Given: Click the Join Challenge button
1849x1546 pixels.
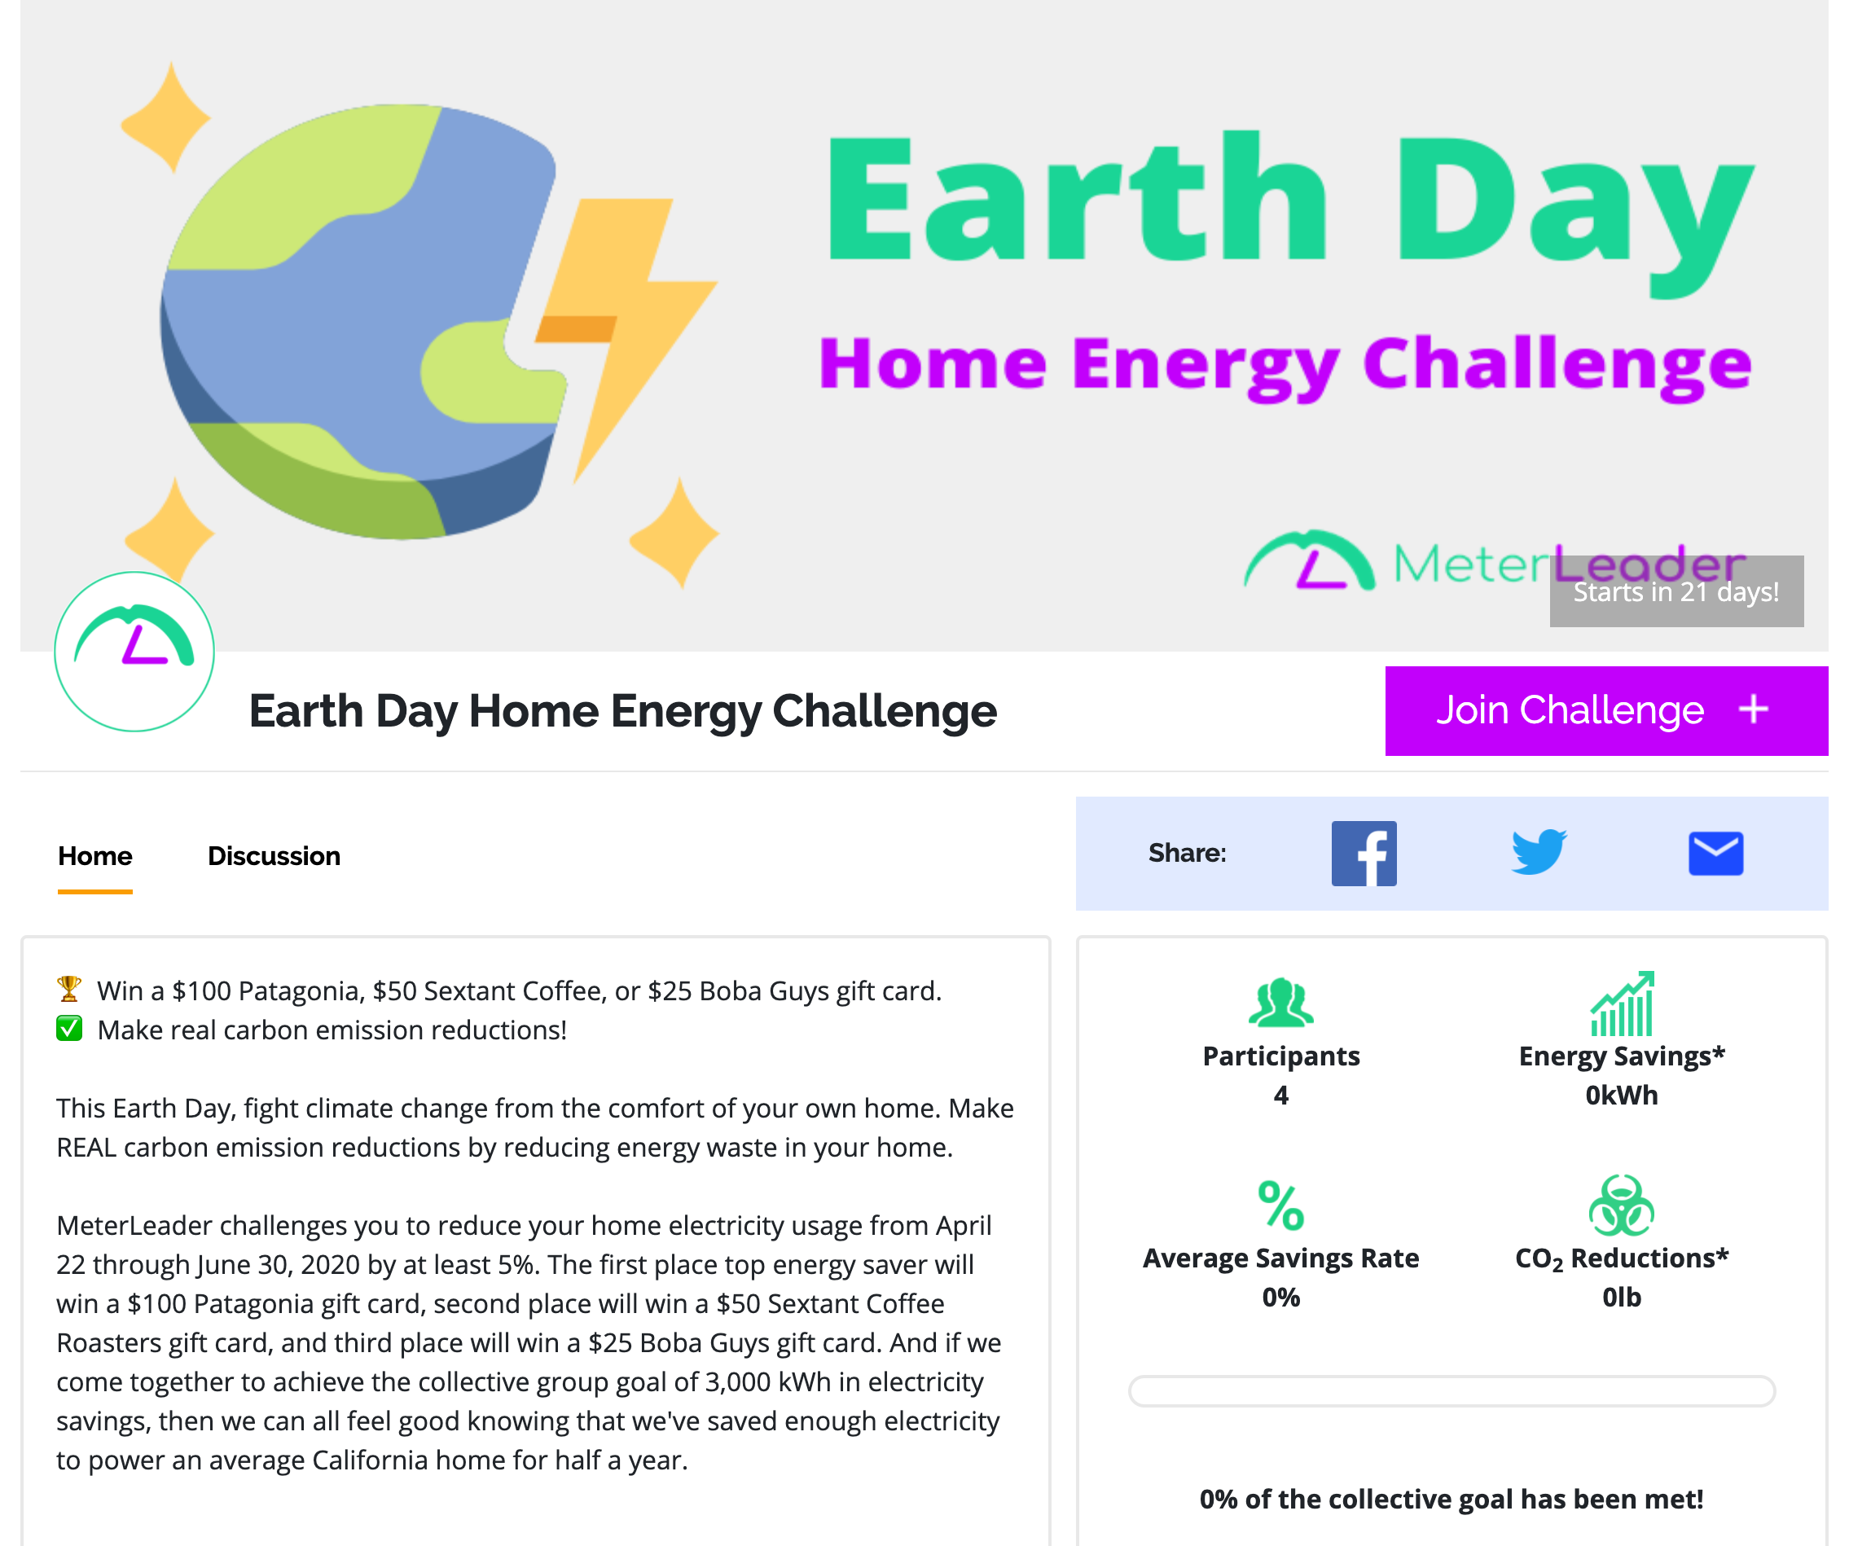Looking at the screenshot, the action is coord(1606,710).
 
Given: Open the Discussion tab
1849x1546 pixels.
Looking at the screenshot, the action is coord(274,856).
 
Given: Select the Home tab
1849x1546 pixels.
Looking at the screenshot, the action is coord(95,856).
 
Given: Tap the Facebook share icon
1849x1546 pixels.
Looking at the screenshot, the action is coord(1364,853).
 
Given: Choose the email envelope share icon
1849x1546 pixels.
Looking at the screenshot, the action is coord(1716,853).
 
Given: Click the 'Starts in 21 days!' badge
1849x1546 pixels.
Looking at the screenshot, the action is coord(1676,591).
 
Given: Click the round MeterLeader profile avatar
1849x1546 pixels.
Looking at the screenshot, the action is coord(134,652).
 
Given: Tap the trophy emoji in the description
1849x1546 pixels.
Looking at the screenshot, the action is coord(69,989).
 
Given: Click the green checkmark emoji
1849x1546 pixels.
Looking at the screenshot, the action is coord(69,1028).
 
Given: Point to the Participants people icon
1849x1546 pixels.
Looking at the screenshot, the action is coord(1281,1003).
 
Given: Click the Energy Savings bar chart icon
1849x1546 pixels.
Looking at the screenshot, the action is coord(1622,1004).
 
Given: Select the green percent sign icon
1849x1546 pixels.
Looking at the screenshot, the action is coord(1281,1206).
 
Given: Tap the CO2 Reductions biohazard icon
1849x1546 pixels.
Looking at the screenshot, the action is coord(1622,1206).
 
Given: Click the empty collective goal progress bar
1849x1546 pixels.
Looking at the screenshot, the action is coord(1452,1391).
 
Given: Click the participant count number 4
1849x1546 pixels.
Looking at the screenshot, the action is coord(1281,1096).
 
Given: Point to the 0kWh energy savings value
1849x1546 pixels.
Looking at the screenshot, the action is coord(1622,1096).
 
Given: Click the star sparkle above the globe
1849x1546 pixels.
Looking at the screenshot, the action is coord(167,116).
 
